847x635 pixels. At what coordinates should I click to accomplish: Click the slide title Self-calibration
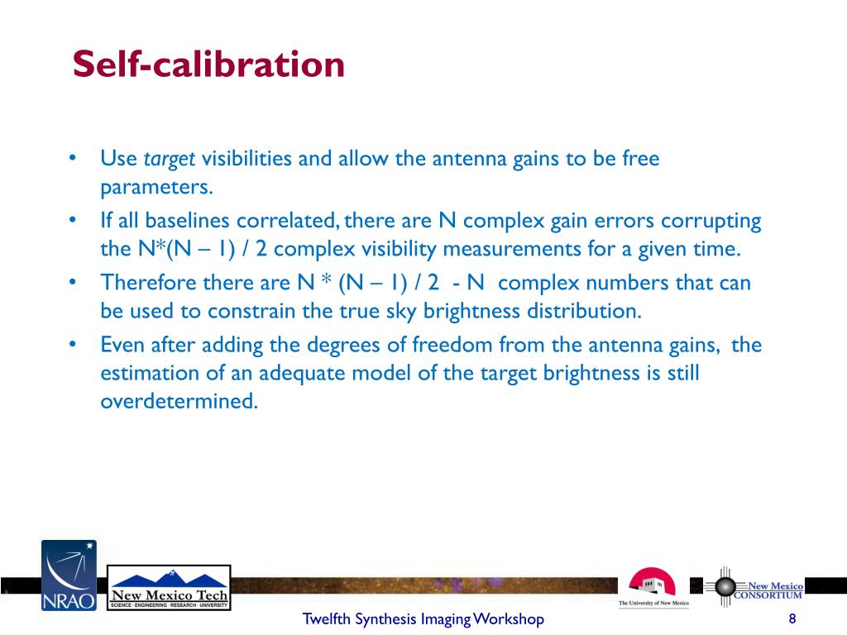coord(208,64)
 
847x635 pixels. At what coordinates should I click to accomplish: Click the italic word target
coord(170,159)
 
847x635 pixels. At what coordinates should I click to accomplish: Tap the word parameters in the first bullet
coord(156,187)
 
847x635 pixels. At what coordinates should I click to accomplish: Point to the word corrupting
coord(712,221)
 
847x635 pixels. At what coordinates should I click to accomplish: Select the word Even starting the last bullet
coord(118,344)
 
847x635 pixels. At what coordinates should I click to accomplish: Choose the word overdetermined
coord(179,401)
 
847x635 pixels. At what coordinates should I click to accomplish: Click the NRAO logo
coord(69,575)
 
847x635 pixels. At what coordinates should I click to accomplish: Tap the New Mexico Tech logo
coord(170,587)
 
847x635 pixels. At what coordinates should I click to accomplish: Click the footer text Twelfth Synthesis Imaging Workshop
coord(423,618)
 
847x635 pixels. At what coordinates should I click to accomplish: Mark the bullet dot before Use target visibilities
coord(74,157)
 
